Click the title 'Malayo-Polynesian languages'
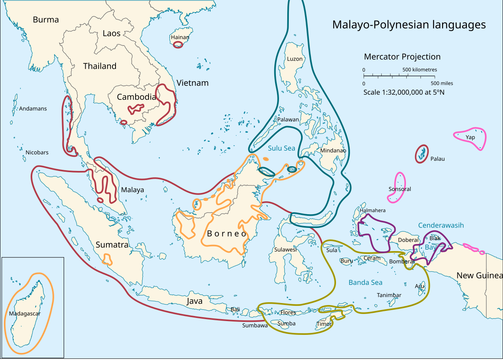(409, 25)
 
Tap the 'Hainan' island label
(180, 37)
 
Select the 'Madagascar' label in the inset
(25, 314)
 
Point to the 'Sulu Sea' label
(281, 148)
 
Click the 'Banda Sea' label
(365, 283)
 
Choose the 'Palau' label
(437, 159)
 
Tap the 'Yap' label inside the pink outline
(470, 137)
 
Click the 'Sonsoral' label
(400, 189)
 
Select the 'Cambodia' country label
(136, 97)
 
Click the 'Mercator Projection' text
(402, 57)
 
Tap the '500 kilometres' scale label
(419, 70)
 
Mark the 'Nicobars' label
(37, 152)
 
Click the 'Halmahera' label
(373, 210)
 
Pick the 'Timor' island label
(324, 324)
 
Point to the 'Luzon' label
(295, 59)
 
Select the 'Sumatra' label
(112, 245)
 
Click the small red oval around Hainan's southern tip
(178, 45)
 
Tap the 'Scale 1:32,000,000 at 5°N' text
(404, 92)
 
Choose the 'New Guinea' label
(479, 276)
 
